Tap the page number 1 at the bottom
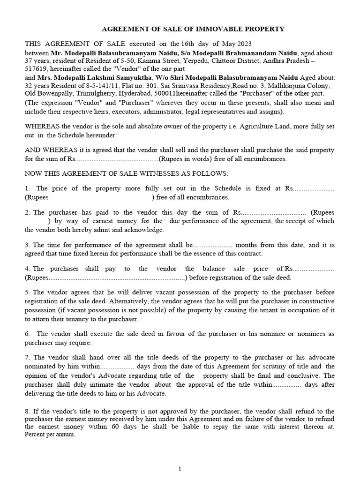[180, 468]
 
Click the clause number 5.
[27, 292]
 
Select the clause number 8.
[27, 411]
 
